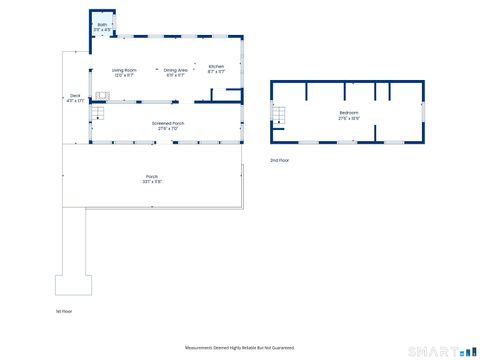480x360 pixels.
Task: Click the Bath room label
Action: pos(102,25)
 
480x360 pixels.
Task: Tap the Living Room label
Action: pos(124,68)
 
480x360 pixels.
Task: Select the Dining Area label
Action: pos(176,68)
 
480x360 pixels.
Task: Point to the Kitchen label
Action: pos(216,66)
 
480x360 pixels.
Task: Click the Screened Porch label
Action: pos(167,123)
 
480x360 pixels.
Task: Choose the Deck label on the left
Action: pos(73,95)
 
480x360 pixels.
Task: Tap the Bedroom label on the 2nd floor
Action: pos(348,113)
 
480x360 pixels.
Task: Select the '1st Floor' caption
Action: pos(64,311)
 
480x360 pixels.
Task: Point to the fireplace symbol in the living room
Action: pos(101,96)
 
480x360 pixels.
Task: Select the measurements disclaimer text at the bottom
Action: pos(240,347)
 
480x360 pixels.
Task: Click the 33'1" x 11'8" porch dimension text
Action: pos(152,182)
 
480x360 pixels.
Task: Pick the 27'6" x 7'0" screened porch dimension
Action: pos(167,128)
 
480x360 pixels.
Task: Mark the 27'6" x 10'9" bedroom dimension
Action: pos(348,118)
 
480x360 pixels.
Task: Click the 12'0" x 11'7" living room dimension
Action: pos(124,75)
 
